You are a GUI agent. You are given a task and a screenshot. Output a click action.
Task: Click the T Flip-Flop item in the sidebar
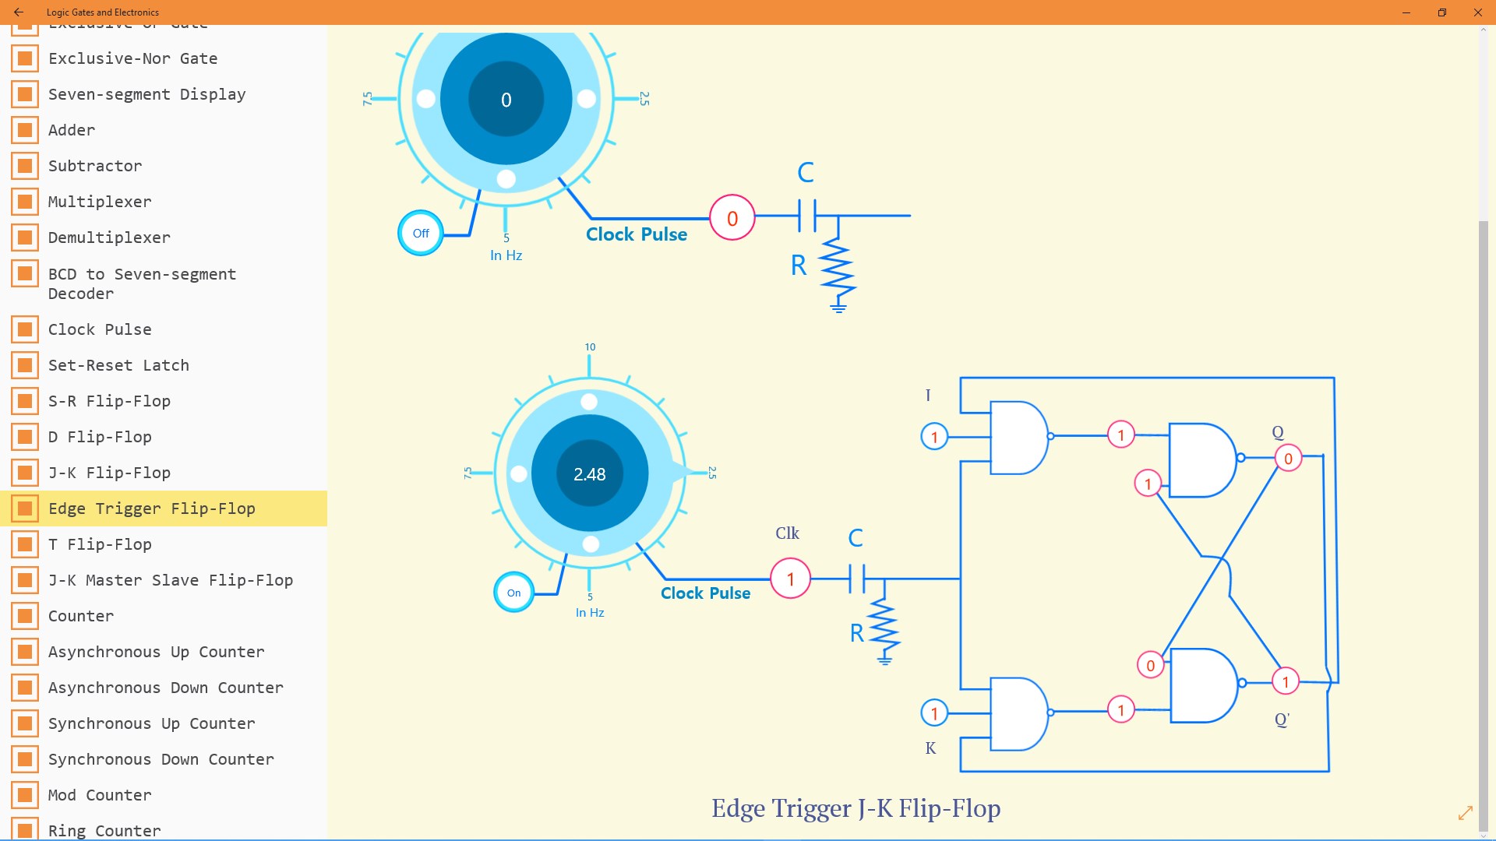(100, 544)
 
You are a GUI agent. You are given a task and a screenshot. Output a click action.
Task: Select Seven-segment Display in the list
(146, 94)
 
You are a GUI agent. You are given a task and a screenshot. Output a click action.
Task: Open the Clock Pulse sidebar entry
(100, 329)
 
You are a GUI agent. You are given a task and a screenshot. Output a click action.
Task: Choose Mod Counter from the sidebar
(100, 795)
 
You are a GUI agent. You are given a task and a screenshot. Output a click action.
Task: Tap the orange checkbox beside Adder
(25, 130)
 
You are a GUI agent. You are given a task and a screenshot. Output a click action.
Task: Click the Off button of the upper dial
(421, 233)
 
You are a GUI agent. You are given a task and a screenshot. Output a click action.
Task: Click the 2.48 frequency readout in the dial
(590, 474)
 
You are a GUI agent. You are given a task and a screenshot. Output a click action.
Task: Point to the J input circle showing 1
(934, 437)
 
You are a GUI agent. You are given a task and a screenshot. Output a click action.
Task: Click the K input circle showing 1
(934, 713)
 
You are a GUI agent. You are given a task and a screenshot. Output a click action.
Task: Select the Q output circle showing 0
(1288, 459)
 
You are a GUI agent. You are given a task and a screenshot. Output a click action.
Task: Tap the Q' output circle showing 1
(1285, 682)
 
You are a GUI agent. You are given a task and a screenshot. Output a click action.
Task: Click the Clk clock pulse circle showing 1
(790, 579)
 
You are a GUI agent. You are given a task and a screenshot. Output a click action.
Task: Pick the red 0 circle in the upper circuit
(732, 218)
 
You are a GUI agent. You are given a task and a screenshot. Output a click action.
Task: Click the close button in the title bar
(1477, 12)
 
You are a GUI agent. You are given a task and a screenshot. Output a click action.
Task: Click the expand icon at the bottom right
(1466, 813)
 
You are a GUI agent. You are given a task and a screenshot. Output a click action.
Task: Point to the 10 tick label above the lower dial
(590, 347)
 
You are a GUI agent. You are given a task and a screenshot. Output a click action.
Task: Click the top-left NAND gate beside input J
(1018, 438)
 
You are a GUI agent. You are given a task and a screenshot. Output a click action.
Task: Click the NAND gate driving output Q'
(1203, 685)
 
